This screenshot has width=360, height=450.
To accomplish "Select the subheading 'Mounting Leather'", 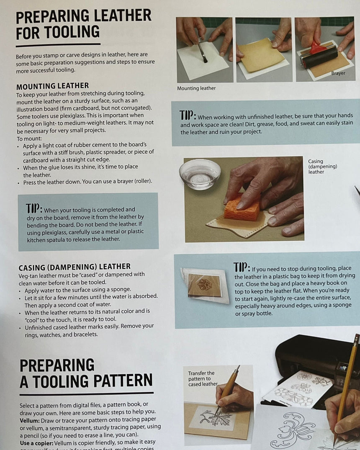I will (x=52, y=86).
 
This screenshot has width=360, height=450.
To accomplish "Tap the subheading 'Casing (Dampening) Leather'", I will (x=75, y=267).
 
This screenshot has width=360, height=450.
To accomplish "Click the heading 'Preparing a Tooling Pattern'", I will (x=86, y=373).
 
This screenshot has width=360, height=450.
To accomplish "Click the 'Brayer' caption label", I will (x=338, y=73).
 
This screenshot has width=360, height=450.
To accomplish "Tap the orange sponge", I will (x=242, y=208).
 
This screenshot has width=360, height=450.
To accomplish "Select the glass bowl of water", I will (x=200, y=173).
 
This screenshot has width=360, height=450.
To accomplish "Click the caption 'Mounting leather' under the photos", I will (x=196, y=88).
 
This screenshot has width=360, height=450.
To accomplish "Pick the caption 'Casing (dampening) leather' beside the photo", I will (x=322, y=167).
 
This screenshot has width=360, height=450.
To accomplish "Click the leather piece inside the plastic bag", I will (x=205, y=285).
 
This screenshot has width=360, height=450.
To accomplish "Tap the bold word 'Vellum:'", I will (x=29, y=419).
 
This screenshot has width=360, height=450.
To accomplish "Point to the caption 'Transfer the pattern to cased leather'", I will (x=202, y=378).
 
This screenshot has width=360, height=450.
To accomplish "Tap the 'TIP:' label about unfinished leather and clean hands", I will (x=188, y=116).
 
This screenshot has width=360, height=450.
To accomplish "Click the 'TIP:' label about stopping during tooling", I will (x=242, y=267).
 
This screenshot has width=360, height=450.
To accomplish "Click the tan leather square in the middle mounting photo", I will (x=261, y=55).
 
